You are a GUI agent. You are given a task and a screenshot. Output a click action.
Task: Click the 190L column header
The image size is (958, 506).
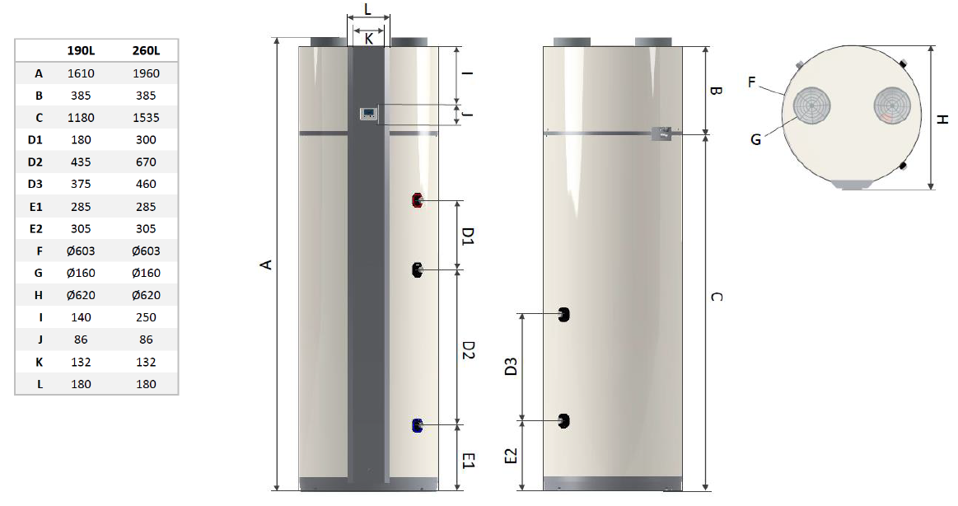click(x=81, y=51)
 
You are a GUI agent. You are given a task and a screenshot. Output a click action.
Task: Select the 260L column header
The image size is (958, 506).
click(x=146, y=51)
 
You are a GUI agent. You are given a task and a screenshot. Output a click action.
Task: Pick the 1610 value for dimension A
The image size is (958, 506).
click(x=81, y=73)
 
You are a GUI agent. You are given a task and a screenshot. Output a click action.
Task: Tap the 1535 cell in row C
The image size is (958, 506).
click(x=146, y=117)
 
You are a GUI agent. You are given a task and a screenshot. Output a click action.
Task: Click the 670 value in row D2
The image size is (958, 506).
click(x=146, y=162)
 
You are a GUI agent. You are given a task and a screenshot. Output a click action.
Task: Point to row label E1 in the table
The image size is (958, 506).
click(x=36, y=207)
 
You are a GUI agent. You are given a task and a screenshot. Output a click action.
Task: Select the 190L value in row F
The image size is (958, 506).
click(x=81, y=251)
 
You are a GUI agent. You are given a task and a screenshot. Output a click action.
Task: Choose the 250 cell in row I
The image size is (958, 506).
click(x=146, y=317)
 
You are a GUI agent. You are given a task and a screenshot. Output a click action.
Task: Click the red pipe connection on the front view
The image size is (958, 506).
click(x=418, y=200)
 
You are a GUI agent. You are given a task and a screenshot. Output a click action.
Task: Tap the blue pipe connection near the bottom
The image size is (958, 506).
click(x=418, y=425)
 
